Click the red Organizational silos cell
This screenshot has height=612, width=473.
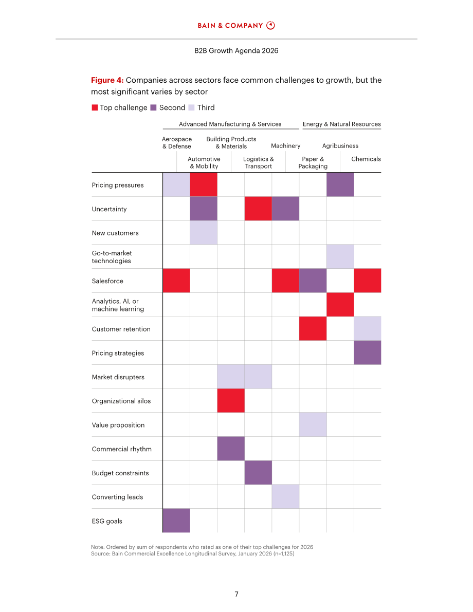point(231,400)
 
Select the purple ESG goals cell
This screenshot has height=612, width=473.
point(176,521)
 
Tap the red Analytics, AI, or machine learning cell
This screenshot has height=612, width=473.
point(340,304)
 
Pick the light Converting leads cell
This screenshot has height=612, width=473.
point(285,496)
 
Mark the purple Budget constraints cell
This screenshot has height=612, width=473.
point(258,473)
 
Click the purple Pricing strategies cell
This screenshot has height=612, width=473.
point(368,353)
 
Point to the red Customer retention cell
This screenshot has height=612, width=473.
point(313,329)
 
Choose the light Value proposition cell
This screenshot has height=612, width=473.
point(313,424)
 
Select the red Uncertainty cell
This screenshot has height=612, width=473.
point(258,209)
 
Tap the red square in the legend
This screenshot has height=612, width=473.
point(95,107)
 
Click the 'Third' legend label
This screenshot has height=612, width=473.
point(206,107)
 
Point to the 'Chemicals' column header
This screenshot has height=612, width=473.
point(366,159)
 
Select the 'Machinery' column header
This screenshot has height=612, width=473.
point(285,146)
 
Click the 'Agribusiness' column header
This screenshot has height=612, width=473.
point(340,146)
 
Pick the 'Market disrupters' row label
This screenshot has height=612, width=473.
point(118,377)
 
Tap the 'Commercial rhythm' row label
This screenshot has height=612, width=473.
point(121,449)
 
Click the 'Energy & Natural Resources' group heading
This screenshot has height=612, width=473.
point(342,124)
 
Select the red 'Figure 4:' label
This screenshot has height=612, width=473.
point(107,80)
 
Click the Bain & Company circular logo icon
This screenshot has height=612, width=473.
point(270,25)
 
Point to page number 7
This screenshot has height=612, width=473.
point(236,594)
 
